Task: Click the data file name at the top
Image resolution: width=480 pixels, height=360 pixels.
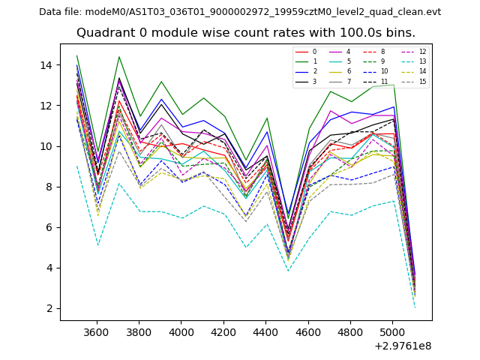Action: click(240, 12)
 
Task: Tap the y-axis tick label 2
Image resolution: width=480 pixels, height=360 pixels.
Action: click(49, 308)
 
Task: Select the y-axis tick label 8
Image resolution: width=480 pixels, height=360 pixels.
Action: click(49, 187)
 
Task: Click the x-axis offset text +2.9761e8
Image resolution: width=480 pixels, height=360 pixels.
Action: click(402, 346)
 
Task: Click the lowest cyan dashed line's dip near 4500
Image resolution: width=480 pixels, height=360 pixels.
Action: click(288, 271)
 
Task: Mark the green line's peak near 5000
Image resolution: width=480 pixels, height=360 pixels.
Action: click(394, 84)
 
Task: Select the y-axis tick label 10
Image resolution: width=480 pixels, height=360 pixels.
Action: click(46, 146)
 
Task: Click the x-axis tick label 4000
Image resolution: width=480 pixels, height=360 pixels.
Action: click(181, 333)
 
